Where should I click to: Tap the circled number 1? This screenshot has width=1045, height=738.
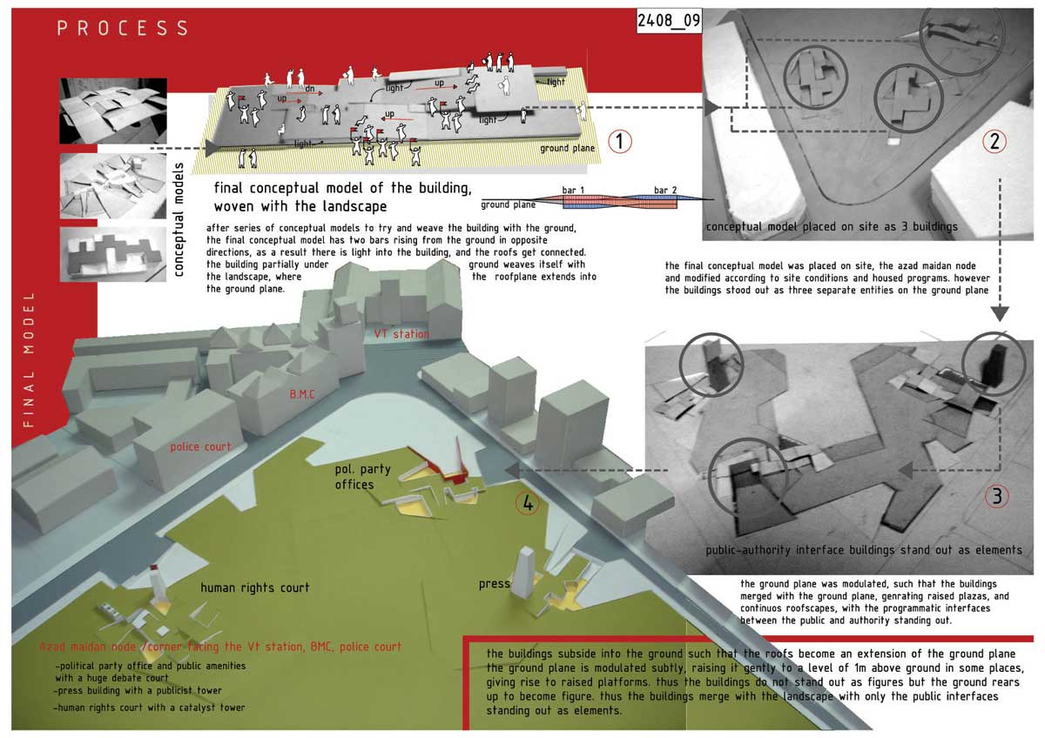(619, 141)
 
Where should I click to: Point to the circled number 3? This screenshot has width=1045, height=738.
(997, 497)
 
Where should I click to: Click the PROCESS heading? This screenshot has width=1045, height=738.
(123, 28)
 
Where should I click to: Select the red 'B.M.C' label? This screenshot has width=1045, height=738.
(303, 393)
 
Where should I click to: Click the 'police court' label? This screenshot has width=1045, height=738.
(201, 446)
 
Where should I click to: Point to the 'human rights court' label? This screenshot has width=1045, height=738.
(254, 587)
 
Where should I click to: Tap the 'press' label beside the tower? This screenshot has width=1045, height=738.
(494, 583)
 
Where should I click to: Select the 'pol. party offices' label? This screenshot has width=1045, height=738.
(362, 477)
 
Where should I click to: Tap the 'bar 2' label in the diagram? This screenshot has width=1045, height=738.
(665, 190)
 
